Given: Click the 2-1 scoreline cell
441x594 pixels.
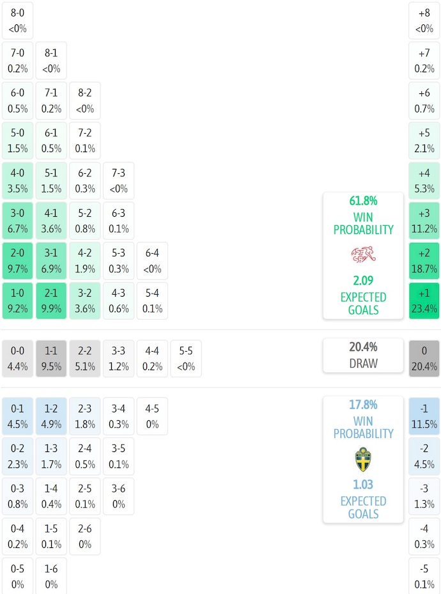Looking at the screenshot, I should coord(51,301).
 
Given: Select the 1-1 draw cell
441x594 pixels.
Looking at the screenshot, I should coord(51,358).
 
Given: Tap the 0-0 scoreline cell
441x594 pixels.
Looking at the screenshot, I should coord(18,358).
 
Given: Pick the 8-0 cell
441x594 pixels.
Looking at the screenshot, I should coord(18,20).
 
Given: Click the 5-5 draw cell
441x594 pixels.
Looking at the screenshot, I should coord(185,358).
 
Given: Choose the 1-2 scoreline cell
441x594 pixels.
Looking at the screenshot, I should coord(51,416).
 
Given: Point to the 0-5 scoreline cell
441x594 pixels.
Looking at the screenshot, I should coord(18,576).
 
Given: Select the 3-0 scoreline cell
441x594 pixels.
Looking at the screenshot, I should coord(18,221).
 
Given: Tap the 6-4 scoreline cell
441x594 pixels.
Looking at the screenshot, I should coord(151,261).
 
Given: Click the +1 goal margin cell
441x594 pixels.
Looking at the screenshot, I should coord(424,301).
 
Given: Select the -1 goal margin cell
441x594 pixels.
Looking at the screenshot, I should coord(424,416).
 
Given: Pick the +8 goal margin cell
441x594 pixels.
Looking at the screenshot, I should coord(424,20).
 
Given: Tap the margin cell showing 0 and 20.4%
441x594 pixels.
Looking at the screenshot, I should coord(424,358).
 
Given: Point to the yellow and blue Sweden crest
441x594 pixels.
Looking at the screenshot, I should coord(362,460).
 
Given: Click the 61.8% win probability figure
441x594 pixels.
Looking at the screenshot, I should coord(362,201).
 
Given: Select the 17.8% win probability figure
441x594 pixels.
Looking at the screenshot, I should coord(362,405).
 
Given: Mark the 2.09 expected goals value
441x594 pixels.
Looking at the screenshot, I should coord(362,280).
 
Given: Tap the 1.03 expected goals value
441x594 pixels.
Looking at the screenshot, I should coord(362,485).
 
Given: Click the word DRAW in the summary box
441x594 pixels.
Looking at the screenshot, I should coord(362,363).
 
